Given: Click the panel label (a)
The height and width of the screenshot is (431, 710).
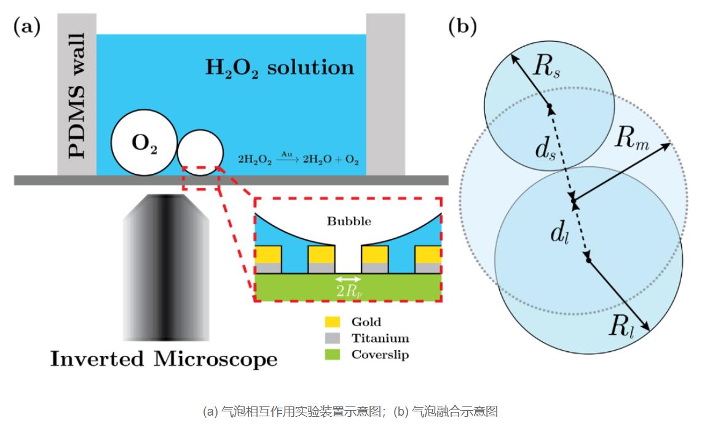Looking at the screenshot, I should (x=26, y=26).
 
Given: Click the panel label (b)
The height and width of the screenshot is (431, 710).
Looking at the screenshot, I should (x=462, y=26).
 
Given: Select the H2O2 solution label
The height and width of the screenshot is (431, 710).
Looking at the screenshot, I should (x=280, y=67).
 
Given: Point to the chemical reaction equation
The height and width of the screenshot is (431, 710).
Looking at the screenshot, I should (x=298, y=158).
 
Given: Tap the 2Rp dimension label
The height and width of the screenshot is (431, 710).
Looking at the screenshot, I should (x=349, y=292).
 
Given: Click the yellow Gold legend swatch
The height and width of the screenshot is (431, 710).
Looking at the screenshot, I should (x=332, y=322).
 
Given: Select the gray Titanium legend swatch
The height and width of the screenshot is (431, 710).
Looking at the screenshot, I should (x=332, y=338).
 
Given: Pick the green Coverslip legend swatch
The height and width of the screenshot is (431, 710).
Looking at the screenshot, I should (x=332, y=355).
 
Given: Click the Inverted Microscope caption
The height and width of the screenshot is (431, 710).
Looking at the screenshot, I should (x=164, y=359).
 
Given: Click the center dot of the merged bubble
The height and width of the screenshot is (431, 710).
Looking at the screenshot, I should (x=573, y=201).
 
